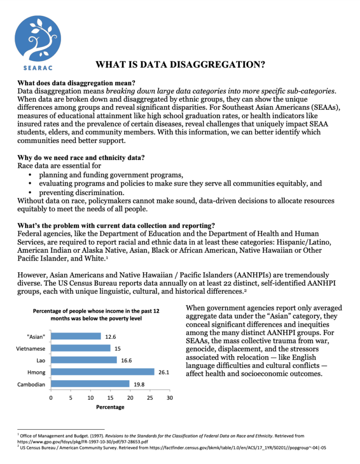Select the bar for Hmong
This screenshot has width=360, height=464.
pos(102,372)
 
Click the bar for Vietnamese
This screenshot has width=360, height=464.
pos(80,348)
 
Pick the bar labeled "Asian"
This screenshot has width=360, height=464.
pos(75,336)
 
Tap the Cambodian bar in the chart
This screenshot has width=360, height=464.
pos(90,384)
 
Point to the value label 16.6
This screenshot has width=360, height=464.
pos(127,361)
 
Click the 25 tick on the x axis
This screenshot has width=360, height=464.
pos(150,398)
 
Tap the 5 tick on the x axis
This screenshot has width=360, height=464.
pos(70,398)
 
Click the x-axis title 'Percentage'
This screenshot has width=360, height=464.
pos(110,407)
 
